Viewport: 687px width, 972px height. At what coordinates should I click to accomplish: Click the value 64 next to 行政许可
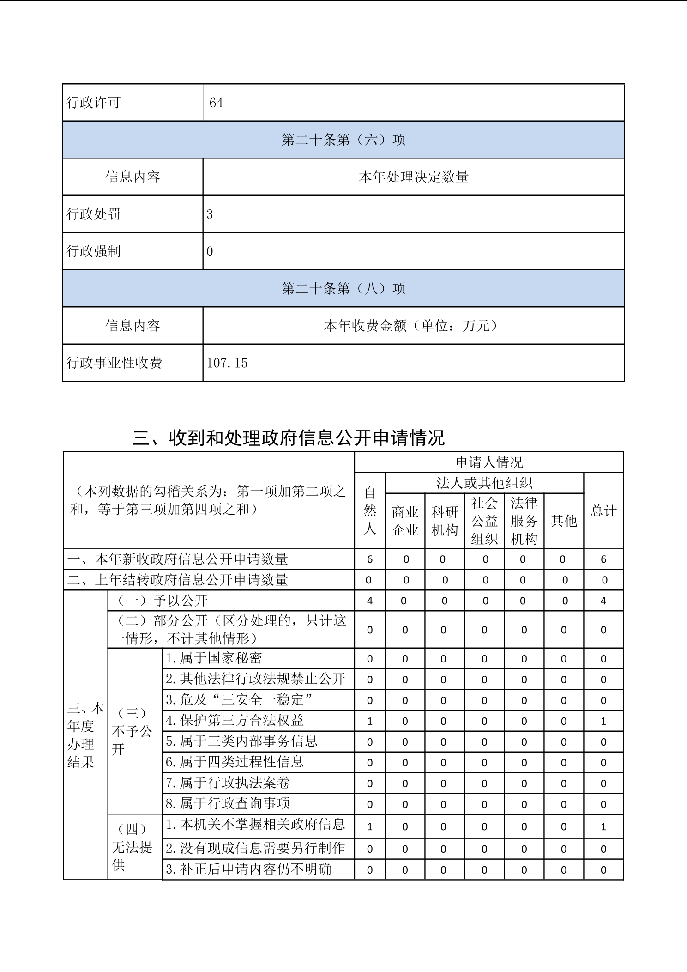216,103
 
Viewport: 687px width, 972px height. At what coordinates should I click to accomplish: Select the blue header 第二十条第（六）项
343,140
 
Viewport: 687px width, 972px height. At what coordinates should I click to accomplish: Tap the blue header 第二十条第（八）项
343,289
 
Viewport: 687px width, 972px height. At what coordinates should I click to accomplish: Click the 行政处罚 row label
94,214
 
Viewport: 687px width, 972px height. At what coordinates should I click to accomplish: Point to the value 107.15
227,363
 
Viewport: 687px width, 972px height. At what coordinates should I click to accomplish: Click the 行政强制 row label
94,251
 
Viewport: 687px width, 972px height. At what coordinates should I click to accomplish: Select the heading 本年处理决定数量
413,177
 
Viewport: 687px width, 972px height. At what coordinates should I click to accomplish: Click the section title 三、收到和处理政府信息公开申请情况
289,437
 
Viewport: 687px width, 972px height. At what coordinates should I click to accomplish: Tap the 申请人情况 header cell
489,462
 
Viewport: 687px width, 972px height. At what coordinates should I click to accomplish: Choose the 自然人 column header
370,510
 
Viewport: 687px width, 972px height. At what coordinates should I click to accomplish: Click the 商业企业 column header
405,521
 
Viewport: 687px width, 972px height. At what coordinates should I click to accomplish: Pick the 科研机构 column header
444,521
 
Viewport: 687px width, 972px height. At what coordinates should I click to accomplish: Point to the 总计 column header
603,510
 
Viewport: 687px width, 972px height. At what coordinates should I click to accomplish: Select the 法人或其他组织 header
484,483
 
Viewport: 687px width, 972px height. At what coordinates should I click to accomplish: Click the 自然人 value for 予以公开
370,601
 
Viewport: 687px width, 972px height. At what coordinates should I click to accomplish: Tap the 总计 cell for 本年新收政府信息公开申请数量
603,559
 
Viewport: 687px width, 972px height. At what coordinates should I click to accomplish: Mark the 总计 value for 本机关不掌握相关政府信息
603,827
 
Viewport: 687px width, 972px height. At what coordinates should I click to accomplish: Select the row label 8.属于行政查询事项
228,803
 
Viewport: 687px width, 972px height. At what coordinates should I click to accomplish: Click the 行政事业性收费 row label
114,363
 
